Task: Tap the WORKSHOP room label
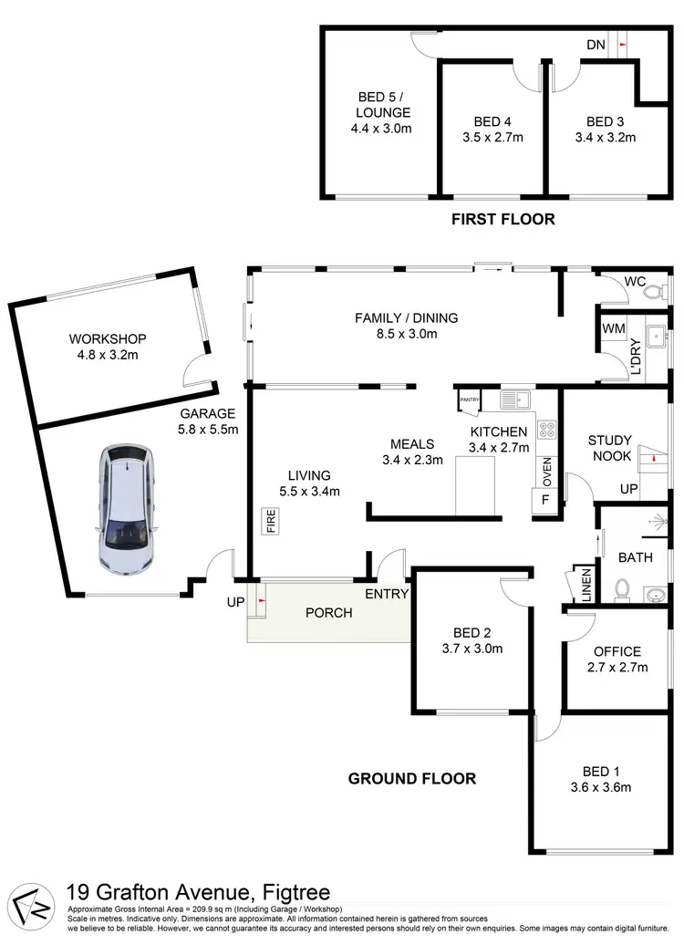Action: pyautogui.click(x=108, y=338)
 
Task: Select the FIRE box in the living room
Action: pyautogui.click(x=271, y=523)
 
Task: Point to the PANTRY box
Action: pyautogui.click(x=470, y=400)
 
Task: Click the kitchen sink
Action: pyautogui.click(x=515, y=399)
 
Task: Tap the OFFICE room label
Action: pyautogui.click(x=617, y=651)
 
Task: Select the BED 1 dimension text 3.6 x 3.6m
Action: pyautogui.click(x=600, y=787)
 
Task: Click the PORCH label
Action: pyautogui.click(x=328, y=613)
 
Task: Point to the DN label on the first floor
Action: pyautogui.click(x=596, y=44)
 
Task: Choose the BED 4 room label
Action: pyautogui.click(x=492, y=121)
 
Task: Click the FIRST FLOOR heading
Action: pyautogui.click(x=503, y=219)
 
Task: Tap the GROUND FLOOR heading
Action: pyautogui.click(x=412, y=778)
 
